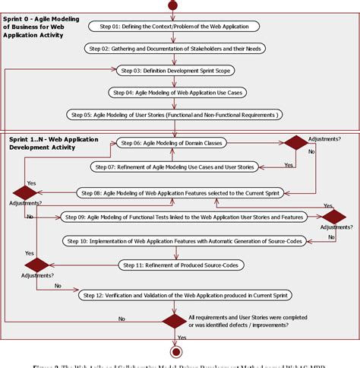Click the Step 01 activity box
click(x=174, y=26)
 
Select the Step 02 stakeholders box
click(x=175, y=48)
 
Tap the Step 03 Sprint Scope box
click(x=175, y=70)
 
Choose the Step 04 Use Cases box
click(x=175, y=92)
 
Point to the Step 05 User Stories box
click(x=175, y=115)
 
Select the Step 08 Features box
click(x=180, y=193)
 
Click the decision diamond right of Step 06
click(x=295, y=143)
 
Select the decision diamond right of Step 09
click(x=333, y=217)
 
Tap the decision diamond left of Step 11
click(x=37, y=265)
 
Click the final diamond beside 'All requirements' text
click(x=174, y=320)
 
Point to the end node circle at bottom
click(x=175, y=352)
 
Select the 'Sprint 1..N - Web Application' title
click(x=50, y=144)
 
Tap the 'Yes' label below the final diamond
click(x=182, y=337)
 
